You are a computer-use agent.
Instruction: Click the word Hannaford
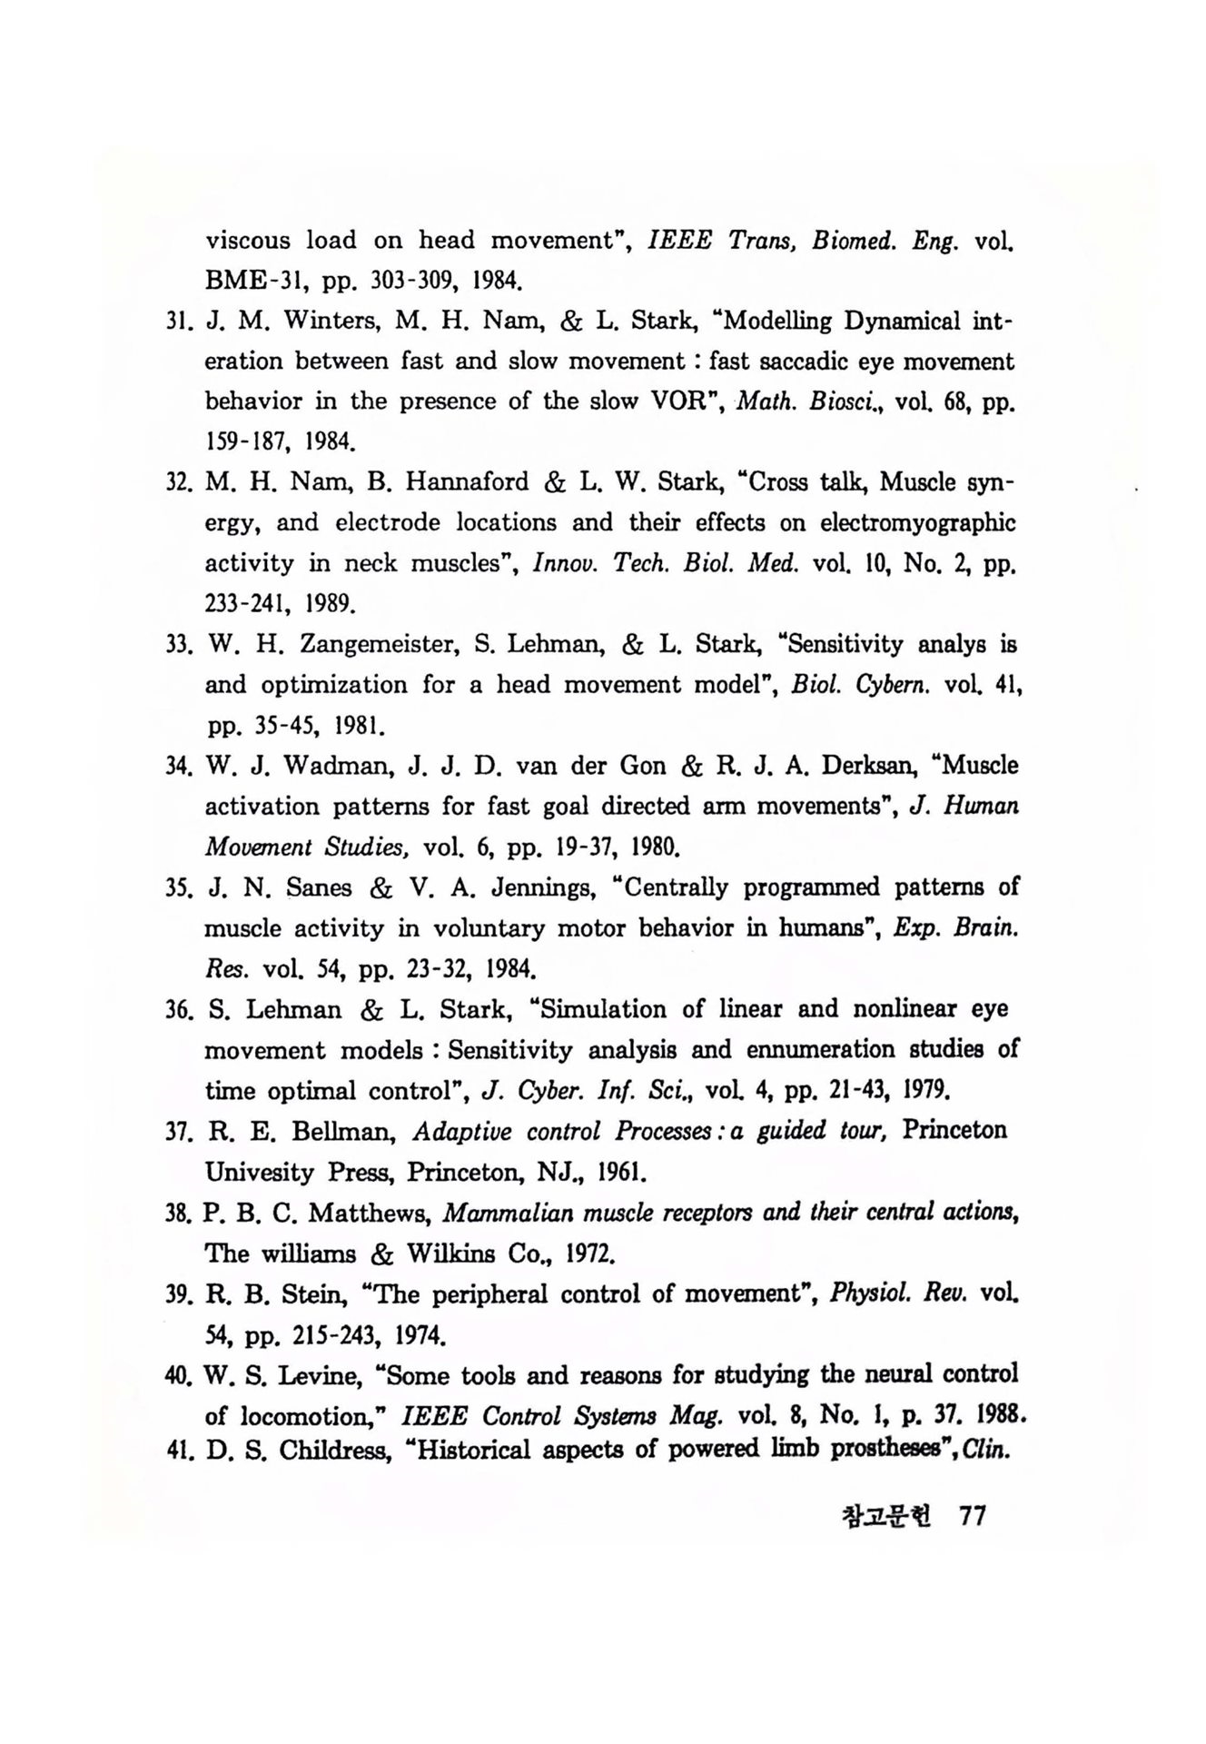(x=467, y=482)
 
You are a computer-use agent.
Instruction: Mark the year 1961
(x=620, y=1172)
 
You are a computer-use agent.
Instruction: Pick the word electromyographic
(x=917, y=524)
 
